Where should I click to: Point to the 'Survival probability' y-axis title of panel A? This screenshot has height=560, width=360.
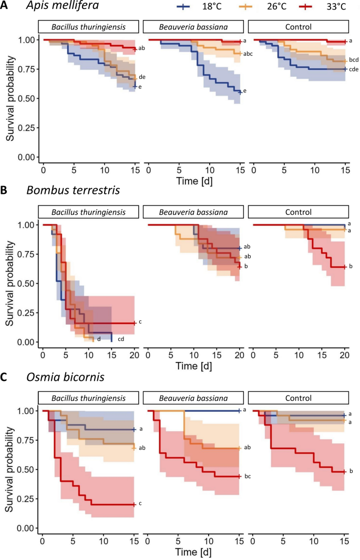[x=11, y=98]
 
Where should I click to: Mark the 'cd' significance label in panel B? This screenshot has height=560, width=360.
[x=120, y=339]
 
